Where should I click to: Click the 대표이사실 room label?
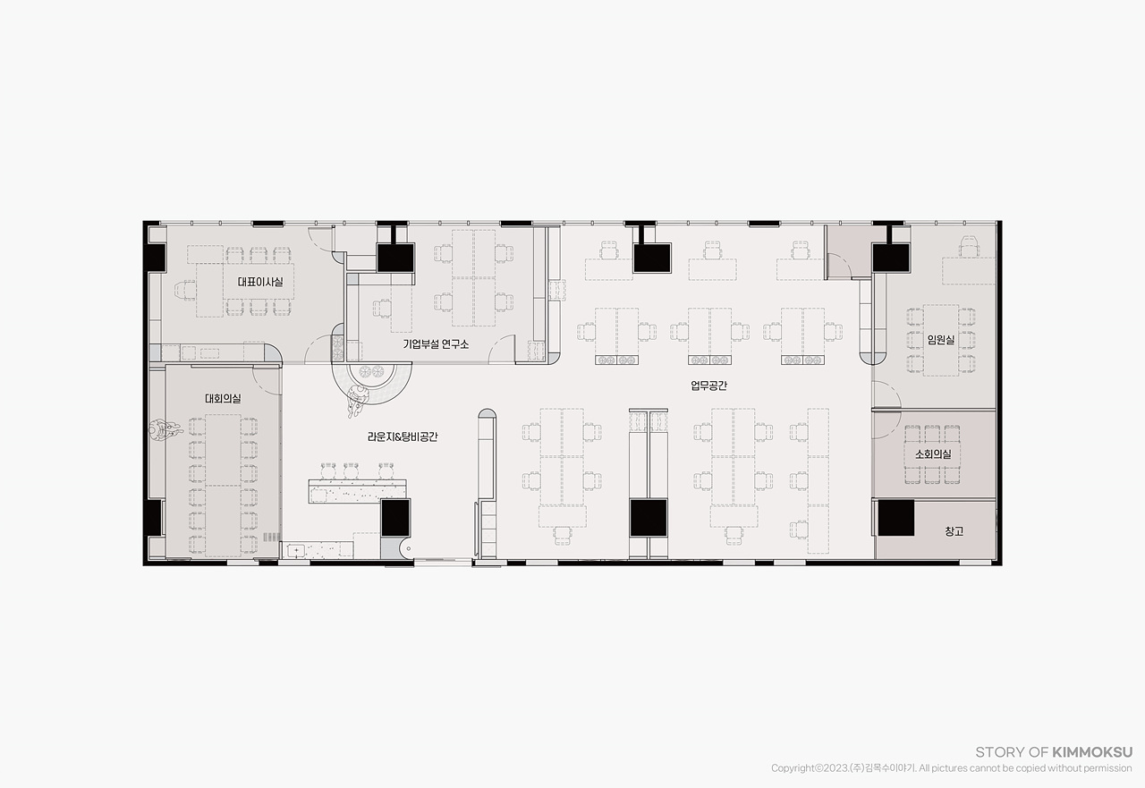(260, 282)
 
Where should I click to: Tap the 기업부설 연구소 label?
(436, 344)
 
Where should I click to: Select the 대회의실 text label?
(223, 399)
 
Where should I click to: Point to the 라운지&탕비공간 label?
(403, 436)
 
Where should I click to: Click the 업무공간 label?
(708, 386)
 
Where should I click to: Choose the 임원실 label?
(941, 339)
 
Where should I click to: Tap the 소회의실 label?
(933, 453)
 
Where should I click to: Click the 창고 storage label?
(954, 531)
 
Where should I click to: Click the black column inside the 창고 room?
(896, 518)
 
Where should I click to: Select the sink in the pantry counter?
(296, 550)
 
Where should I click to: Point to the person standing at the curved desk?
(358, 401)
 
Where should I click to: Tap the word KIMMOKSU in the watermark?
(1092, 752)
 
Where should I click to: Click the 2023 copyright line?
(951, 768)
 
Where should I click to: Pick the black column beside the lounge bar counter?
(395, 518)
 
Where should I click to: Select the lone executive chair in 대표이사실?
(185, 292)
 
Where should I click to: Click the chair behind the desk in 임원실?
(969, 246)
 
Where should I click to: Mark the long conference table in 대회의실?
(223, 486)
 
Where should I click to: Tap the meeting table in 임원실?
(941, 341)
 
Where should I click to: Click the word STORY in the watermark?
(994, 752)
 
